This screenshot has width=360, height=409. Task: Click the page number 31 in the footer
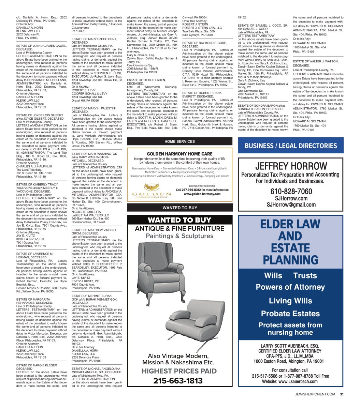[341, 395]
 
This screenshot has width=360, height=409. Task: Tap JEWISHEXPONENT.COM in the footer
[315, 395]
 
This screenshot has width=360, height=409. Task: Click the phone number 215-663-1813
[178, 381]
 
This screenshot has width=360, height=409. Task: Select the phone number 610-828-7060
[291, 191]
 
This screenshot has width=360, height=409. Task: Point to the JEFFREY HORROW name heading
[291, 166]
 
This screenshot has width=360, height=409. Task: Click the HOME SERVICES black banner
[179, 141]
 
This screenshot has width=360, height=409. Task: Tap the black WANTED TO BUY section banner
[179, 208]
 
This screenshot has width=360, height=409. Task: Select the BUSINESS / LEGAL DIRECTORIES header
[291, 146]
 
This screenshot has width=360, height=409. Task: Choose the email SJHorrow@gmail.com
[291, 204]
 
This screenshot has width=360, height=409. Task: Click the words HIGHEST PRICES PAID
[179, 371]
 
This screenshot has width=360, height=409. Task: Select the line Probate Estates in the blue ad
[290, 313]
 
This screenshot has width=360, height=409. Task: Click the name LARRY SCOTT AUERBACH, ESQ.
[290, 346]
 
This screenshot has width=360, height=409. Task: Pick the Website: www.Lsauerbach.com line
[290, 381]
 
